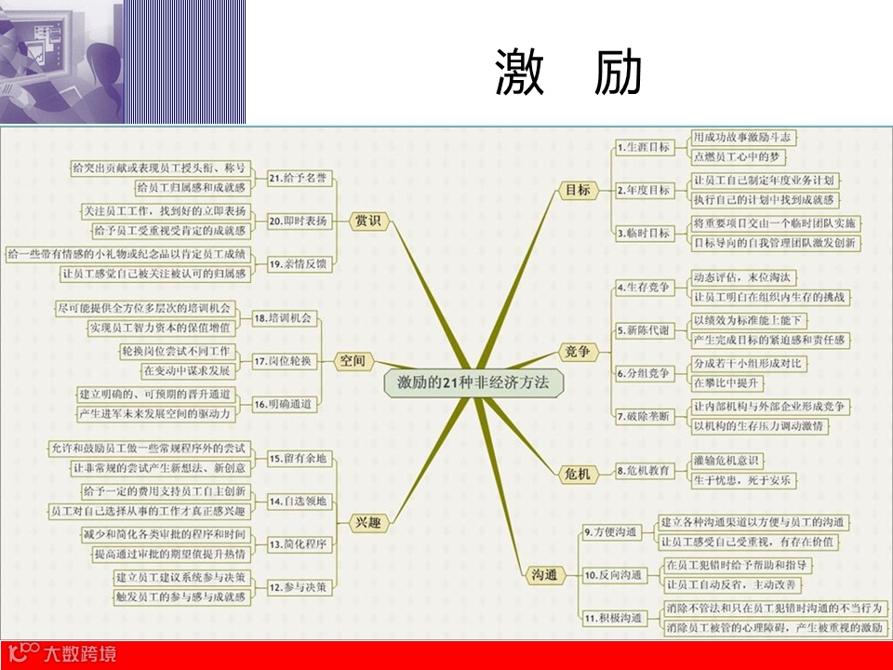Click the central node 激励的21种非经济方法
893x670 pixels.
[x=473, y=382]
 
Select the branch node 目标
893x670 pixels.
[x=578, y=190]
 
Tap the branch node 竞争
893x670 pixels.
[x=578, y=351]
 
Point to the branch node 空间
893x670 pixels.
[x=353, y=360]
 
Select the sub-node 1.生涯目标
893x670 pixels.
[x=643, y=147]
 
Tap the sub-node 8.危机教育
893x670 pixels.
[x=643, y=471]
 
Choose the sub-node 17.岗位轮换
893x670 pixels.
[x=284, y=360]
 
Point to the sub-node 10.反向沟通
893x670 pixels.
[x=613, y=575]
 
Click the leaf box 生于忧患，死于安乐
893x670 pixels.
[x=742, y=481]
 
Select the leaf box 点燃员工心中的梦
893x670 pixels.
[x=740, y=156]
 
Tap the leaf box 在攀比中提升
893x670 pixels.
[x=728, y=382]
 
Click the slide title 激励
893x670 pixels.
[x=568, y=74]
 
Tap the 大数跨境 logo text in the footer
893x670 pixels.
[x=82, y=654]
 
